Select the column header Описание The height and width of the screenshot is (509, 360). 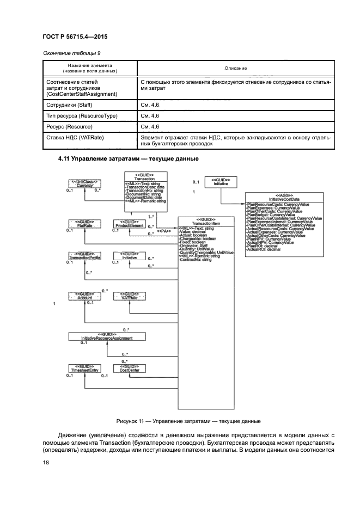tap(236, 68)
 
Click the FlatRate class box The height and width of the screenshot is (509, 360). tap(84, 223)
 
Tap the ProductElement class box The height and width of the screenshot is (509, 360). tap(130, 223)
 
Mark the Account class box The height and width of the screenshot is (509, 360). tap(84, 296)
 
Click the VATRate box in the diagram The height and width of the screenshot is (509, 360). tap(130, 296)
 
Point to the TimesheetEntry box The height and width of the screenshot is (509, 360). tap(84, 369)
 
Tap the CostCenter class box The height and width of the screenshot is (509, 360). tap(130, 369)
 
